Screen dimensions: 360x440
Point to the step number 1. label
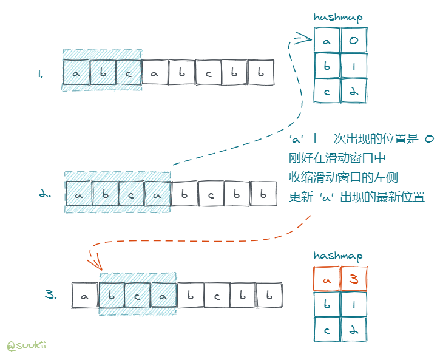[x=40, y=75]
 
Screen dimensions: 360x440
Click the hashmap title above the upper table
[x=337, y=18]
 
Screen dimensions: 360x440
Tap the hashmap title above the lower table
[x=337, y=256]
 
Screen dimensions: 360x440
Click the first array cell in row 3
[x=84, y=296]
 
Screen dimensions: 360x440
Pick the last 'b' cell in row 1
[x=260, y=73]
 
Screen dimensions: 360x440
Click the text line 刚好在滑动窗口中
[x=337, y=158]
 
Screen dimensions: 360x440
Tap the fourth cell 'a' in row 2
[x=157, y=195]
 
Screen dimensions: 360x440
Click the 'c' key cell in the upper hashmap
[x=327, y=92]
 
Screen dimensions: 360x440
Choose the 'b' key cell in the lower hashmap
[x=327, y=304]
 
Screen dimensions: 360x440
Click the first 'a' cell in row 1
[x=76, y=73]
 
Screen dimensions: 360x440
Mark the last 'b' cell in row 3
[x=269, y=296]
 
